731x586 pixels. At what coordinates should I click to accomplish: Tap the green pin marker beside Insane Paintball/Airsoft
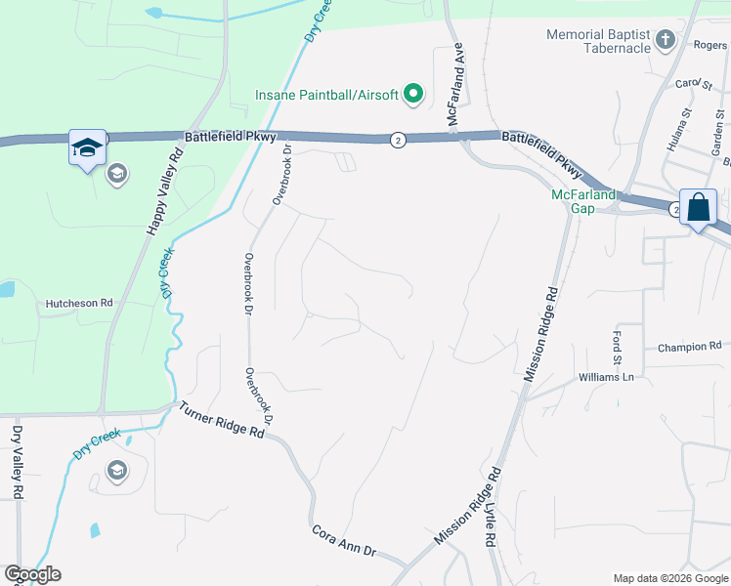(x=413, y=94)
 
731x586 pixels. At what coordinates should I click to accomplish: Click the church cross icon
(x=666, y=40)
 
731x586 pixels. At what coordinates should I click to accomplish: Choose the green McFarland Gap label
(x=583, y=200)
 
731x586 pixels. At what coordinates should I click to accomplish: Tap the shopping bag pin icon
(x=699, y=208)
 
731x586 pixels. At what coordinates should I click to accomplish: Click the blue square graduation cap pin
(x=87, y=148)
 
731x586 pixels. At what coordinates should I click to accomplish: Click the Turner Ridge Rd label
(x=222, y=418)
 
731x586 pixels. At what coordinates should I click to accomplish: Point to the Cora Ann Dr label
(x=344, y=543)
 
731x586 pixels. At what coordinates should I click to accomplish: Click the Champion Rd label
(x=689, y=346)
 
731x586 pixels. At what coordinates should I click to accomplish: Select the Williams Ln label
(x=606, y=377)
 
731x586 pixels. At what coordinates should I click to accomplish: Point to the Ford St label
(x=617, y=348)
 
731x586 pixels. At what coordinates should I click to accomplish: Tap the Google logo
(x=32, y=574)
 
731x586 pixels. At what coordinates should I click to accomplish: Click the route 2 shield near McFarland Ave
(x=398, y=140)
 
